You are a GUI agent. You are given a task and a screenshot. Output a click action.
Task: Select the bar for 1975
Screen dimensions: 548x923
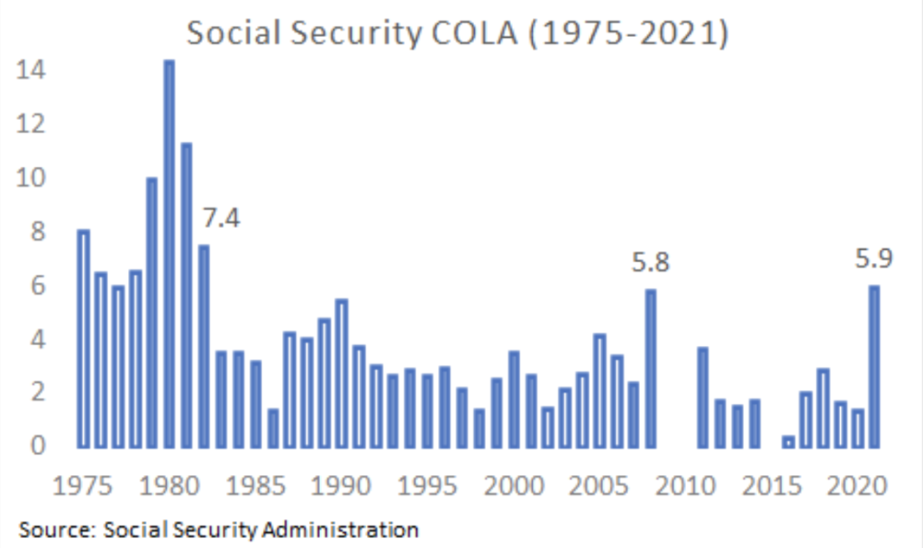pos(83,339)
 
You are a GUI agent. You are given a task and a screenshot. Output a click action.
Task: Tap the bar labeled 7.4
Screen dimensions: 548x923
pos(204,346)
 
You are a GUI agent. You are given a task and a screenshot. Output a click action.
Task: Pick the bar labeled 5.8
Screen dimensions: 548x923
pos(651,368)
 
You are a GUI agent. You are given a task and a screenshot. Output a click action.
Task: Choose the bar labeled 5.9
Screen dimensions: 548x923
pos(873,366)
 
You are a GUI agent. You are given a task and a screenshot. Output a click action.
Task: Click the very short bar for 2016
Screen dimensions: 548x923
pos(789,442)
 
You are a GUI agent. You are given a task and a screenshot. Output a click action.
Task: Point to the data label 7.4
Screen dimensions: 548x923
pos(220,218)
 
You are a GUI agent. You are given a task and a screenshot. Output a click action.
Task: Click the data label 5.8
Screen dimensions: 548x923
pos(651,263)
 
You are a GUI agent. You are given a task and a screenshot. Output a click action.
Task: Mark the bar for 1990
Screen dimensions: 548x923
pos(341,373)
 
